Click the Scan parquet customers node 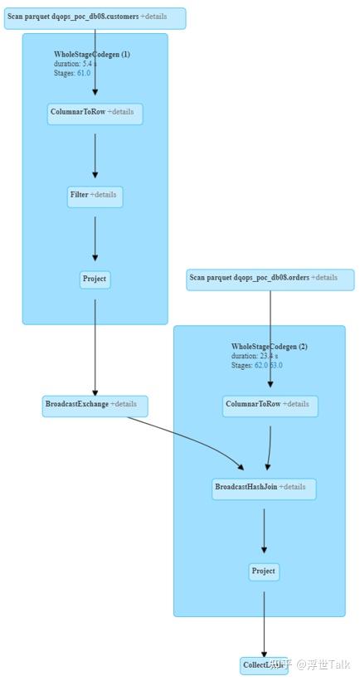[95, 17]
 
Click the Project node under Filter [95, 280]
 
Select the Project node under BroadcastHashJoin [263, 572]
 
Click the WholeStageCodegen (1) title [92, 55]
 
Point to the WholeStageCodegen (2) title [269, 347]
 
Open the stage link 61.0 [83, 74]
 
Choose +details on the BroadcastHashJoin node [292, 488]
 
